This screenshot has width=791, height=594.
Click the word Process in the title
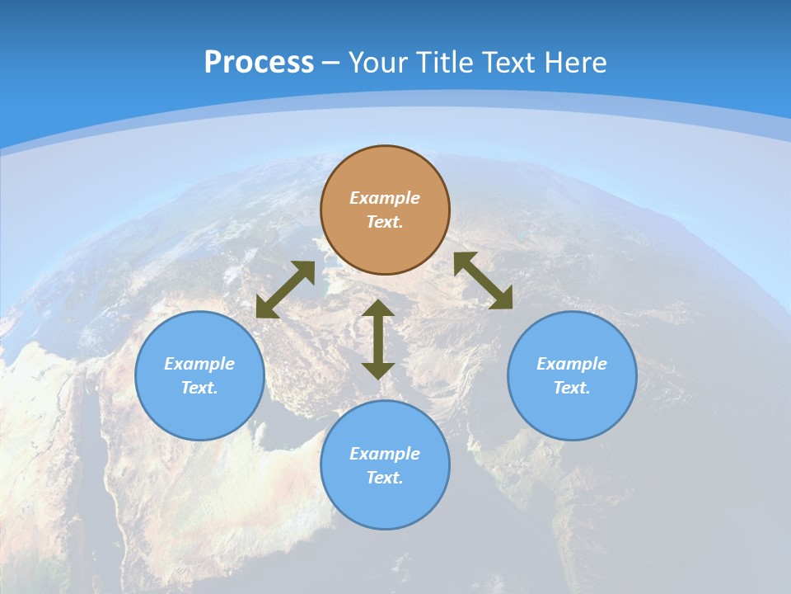click(259, 63)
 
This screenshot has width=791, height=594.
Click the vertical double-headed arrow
click(378, 339)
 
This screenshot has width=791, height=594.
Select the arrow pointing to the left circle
click(285, 290)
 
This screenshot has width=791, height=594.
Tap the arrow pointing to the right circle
click(483, 280)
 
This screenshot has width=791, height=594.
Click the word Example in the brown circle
click(385, 198)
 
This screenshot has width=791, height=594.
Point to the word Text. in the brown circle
click(385, 222)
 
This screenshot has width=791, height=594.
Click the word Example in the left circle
click(199, 364)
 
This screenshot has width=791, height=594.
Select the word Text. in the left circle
click(199, 388)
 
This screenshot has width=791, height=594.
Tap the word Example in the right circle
click(572, 364)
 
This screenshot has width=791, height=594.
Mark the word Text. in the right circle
click(572, 388)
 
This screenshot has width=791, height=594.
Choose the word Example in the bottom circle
click(385, 454)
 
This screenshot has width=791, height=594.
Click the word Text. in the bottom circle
click(385, 478)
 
